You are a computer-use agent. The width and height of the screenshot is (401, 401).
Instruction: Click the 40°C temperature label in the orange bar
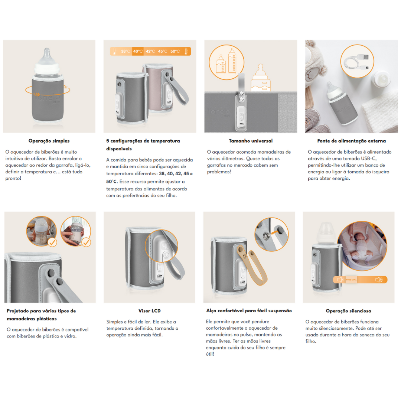coord(138,51)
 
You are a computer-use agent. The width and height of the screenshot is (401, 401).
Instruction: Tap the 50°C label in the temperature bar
coord(175,51)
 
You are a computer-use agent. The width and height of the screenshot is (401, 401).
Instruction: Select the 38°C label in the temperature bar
coord(125,51)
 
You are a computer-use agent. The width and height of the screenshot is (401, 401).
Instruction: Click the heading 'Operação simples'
coord(49,141)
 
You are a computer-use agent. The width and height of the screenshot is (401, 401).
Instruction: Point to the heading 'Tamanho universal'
coord(251,141)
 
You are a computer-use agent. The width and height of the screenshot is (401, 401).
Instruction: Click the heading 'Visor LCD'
coord(150,311)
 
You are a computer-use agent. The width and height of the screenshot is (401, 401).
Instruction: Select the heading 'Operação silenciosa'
coord(349,311)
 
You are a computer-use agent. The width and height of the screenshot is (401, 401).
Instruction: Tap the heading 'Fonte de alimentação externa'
coord(352,141)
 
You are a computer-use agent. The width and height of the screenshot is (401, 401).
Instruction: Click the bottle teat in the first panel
coord(46,55)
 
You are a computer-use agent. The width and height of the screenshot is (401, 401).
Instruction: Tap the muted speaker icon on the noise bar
coord(340,280)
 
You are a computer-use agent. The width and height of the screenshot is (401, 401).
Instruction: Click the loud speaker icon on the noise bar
coord(379,280)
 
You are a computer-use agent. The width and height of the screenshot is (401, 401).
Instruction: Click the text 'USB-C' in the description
coord(369,159)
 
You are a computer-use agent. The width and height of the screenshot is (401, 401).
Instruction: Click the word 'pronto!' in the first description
coord(13,179)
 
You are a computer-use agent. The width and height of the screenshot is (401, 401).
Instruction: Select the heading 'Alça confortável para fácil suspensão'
coord(249,311)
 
